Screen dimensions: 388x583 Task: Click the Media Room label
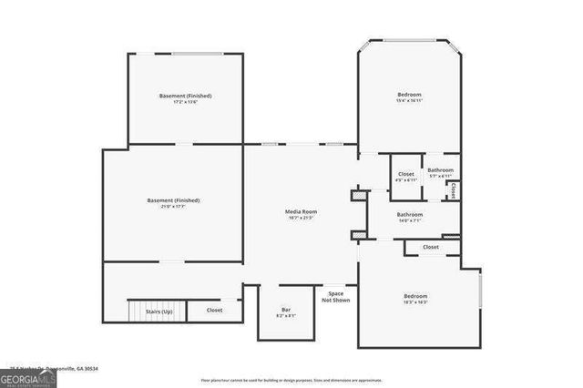coord(302,211)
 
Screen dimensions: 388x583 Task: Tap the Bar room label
coord(285,311)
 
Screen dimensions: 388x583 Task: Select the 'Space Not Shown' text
coord(335,298)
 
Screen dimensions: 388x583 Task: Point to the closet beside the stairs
coord(214,311)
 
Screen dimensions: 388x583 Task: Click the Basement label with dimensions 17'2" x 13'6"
coord(185,96)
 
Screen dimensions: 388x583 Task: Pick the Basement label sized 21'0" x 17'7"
coord(173,200)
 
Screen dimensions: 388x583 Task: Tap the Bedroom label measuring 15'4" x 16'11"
coord(409,95)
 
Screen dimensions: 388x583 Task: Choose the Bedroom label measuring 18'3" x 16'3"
coord(415,297)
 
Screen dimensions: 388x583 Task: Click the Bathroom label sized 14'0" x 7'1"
coord(409,215)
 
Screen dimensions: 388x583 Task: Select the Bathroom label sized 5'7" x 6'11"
coord(441,170)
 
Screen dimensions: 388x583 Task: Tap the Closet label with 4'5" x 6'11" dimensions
coord(406,174)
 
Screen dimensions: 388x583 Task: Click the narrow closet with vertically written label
coord(453,190)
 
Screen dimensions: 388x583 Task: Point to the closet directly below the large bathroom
coord(430,247)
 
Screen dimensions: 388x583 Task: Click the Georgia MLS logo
coord(28,378)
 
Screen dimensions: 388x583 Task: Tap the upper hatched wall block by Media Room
coord(359,194)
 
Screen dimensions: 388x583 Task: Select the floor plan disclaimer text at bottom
coord(291,379)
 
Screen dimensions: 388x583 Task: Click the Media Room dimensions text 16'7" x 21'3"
coord(302,219)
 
